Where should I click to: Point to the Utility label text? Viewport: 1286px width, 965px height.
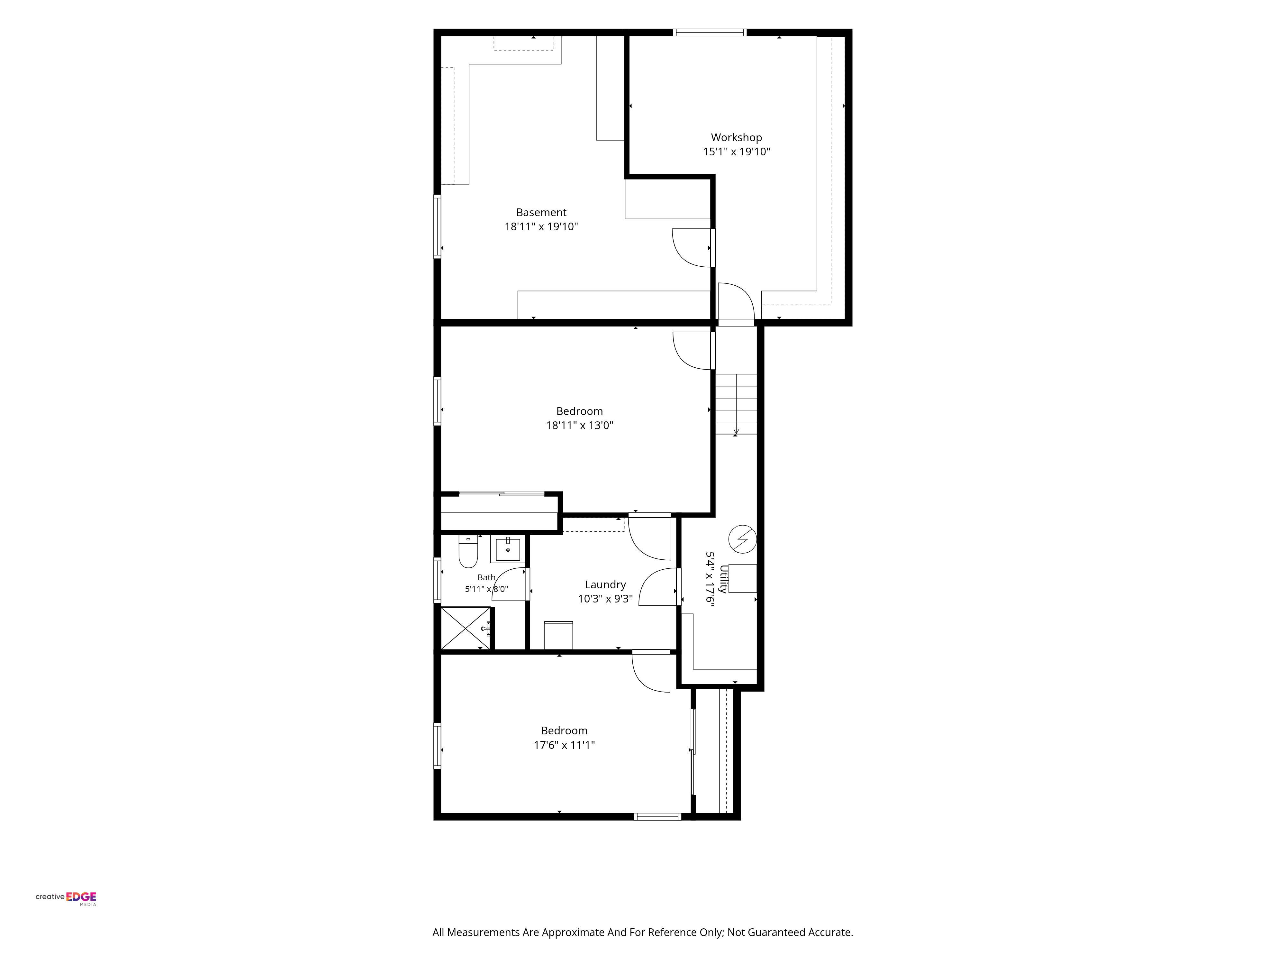(723, 579)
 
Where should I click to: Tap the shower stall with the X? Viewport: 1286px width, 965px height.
(465, 628)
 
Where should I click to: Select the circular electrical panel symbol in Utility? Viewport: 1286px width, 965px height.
(742, 539)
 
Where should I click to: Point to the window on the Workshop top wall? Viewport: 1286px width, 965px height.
(709, 32)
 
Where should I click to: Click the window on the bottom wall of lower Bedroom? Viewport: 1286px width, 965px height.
(657, 817)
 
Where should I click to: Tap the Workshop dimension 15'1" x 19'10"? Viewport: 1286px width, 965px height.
(736, 152)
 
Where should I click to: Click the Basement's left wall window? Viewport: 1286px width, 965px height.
(437, 226)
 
